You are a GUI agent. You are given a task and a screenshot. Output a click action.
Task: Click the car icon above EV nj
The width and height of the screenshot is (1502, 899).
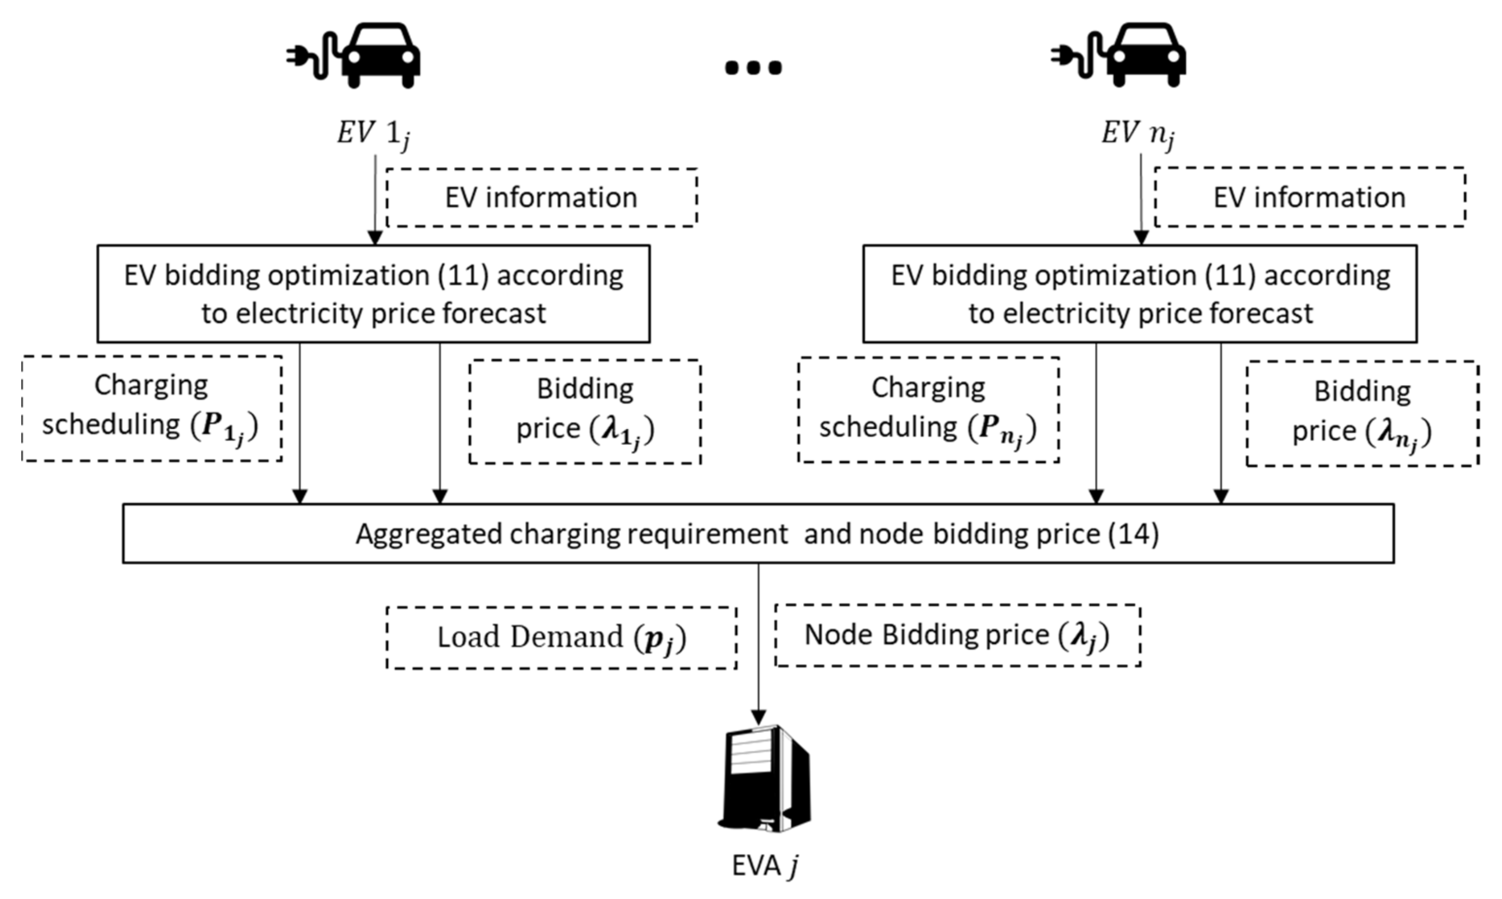point(1146,56)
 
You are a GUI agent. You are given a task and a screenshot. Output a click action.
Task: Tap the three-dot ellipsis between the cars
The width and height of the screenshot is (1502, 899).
point(753,67)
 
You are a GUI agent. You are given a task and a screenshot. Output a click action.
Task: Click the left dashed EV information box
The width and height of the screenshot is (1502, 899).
point(541,198)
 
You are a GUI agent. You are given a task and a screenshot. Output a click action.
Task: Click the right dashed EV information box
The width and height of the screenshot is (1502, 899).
point(1309,198)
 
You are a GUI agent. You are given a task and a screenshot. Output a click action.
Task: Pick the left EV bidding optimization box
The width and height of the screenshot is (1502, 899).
point(374,294)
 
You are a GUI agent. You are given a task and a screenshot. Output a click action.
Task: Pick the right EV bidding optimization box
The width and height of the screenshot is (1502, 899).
point(1140,294)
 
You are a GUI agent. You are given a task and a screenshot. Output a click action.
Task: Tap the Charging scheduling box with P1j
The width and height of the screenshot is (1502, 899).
point(151,409)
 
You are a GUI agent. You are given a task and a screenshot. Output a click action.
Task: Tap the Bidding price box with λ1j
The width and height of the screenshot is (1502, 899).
point(585,413)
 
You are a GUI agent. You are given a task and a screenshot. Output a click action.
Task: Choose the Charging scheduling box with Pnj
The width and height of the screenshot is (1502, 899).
point(929,411)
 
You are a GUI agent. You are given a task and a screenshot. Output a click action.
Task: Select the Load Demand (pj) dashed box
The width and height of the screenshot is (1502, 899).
point(561,638)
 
